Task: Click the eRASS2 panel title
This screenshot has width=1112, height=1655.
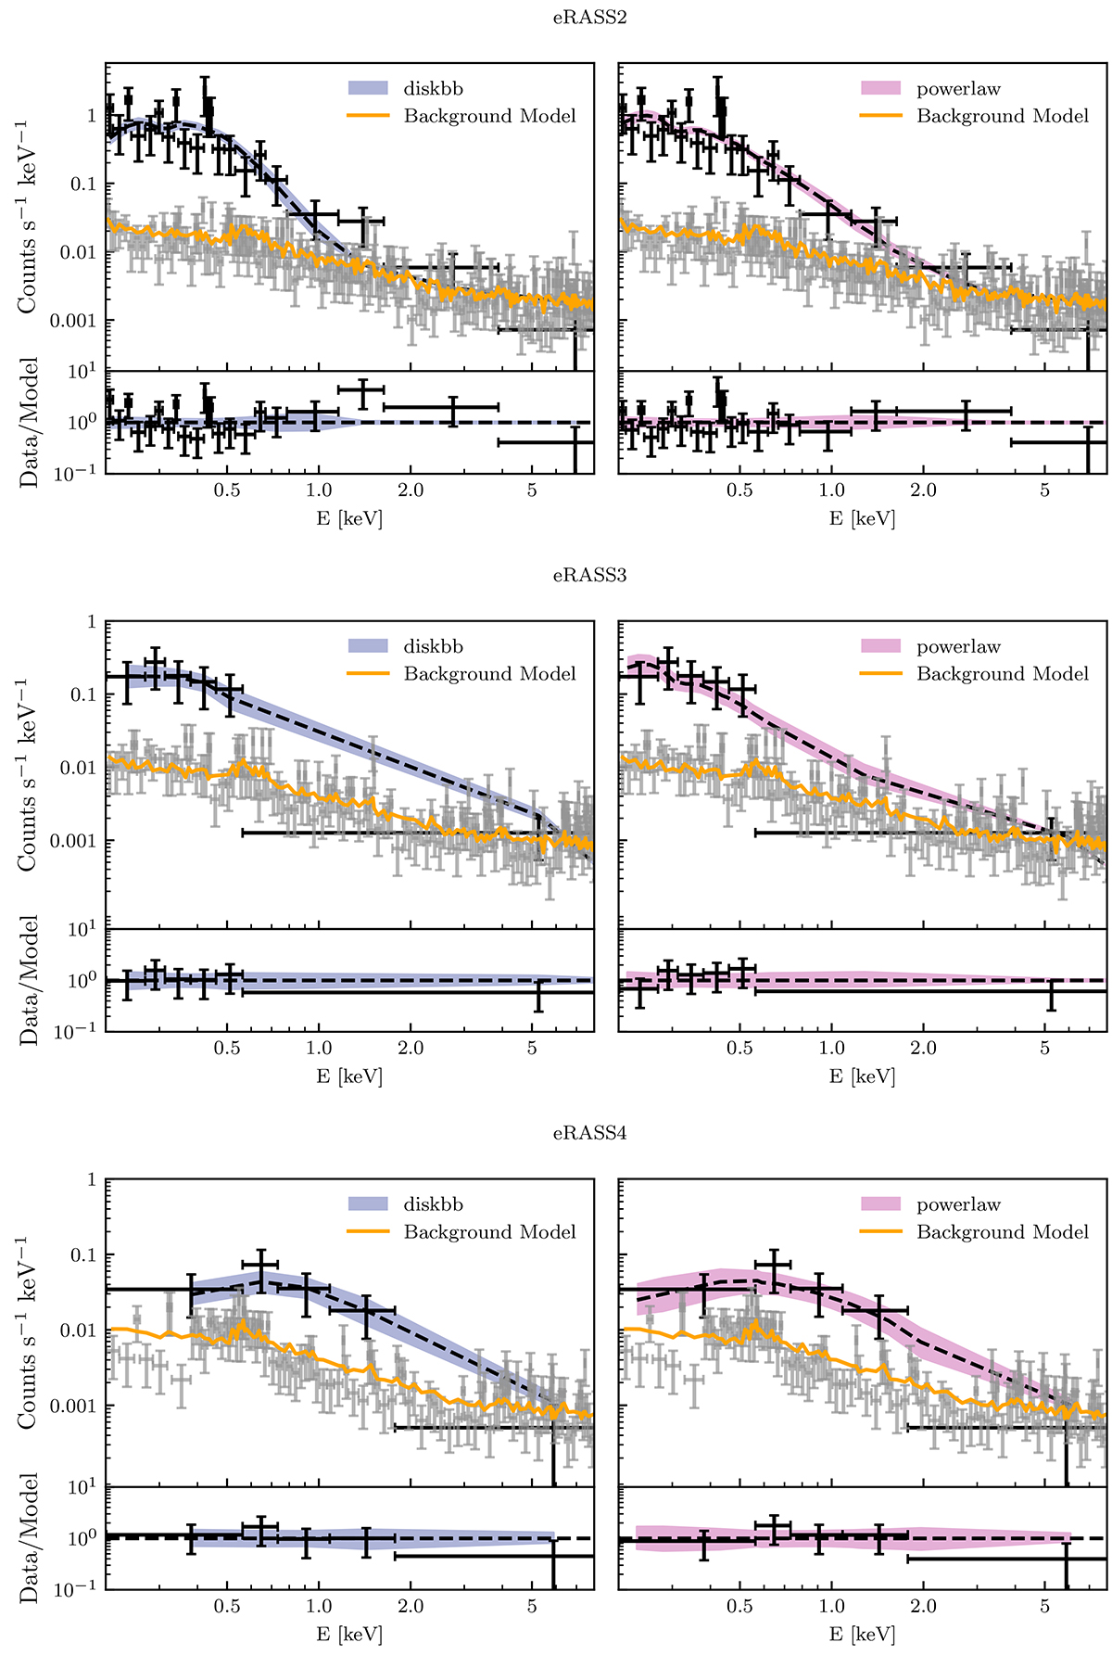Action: pyautogui.click(x=589, y=18)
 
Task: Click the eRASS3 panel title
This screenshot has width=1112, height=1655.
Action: pyautogui.click(x=589, y=575)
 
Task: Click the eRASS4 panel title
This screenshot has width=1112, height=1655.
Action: pyautogui.click(x=589, y=1133)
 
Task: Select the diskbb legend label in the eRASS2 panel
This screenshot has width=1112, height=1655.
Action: pyautogui.click(x=433, y=89)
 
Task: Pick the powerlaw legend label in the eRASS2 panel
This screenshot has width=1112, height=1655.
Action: pyautogui.click(x=958, y=89)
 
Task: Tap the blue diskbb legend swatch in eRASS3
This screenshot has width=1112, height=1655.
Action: pyautogui.click(x=368, y=647)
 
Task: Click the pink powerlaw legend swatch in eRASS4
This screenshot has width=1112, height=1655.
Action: pyautogui.click(x=880, y=1204)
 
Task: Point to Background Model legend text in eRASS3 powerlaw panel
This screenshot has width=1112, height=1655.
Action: pyautogui.click(x=1003, y=674)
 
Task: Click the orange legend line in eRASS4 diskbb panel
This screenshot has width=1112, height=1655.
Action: pyautogui.click(x=368, y=1232)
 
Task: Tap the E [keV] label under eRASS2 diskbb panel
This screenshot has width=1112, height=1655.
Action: pyautogui.click(x=348, y=518)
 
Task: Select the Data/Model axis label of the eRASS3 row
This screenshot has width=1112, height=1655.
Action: pyautogui.click(x=30, y=980)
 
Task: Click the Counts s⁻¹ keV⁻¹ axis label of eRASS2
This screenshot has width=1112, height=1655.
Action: pyautogui.click(x=30, y=215)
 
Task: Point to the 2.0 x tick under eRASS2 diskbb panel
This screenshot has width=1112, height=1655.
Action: pyautogui.click(x=411, y=490)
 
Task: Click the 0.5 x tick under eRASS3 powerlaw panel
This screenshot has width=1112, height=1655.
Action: pyautogui.click(x=739, y=1049)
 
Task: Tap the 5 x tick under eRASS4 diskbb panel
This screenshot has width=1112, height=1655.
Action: pyautogui.click(x=532, y=1606)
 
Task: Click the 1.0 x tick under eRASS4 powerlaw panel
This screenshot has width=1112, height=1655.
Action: pyautogui.click(x=832, y=1606)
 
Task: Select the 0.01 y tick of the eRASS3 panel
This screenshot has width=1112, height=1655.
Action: pyautogui.click(x=78, y=768)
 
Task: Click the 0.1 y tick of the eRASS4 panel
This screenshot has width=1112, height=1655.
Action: pyautogui.click(x=84, y=1255)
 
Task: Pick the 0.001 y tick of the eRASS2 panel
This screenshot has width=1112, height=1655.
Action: pyautogui.click(x=73, y=321)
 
